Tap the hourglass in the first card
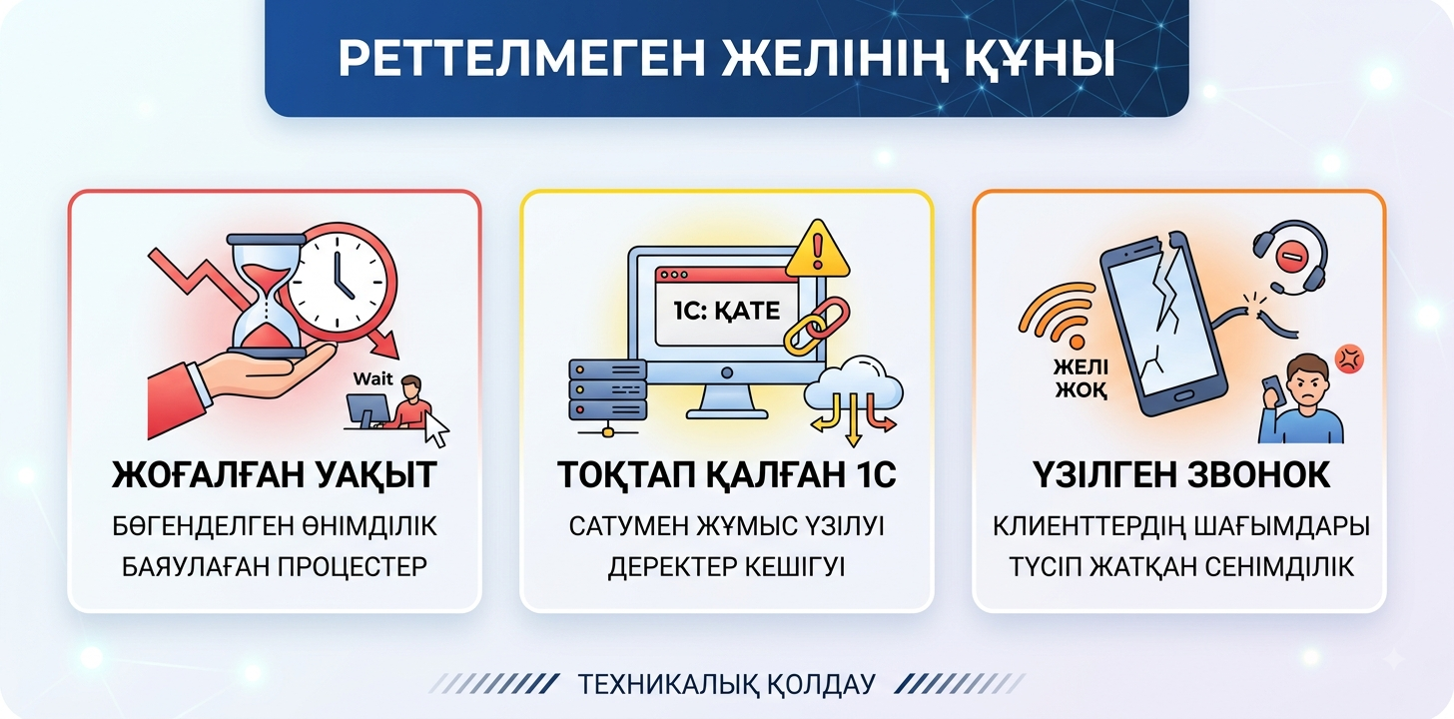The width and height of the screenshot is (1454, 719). point(266,297)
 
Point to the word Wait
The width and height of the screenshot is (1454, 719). point(372,378)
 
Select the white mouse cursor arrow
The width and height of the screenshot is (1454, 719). point(436,429)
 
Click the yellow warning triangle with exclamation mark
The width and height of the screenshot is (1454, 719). point(817,249)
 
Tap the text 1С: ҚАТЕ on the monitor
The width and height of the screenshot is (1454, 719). point(726,311)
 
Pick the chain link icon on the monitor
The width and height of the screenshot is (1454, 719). point(817,326)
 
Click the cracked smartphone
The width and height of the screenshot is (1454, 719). point(1162,324)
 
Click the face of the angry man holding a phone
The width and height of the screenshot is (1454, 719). point(1306,384)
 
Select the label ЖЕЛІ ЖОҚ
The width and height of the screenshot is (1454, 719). point(1081,378)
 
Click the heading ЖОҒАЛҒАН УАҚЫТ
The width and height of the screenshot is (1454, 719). point(274,475)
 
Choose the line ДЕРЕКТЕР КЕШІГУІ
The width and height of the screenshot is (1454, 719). point(726,567)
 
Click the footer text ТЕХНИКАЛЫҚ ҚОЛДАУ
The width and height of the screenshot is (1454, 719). point(726,684)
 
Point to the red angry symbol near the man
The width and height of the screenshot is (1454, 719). point(1349,359)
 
